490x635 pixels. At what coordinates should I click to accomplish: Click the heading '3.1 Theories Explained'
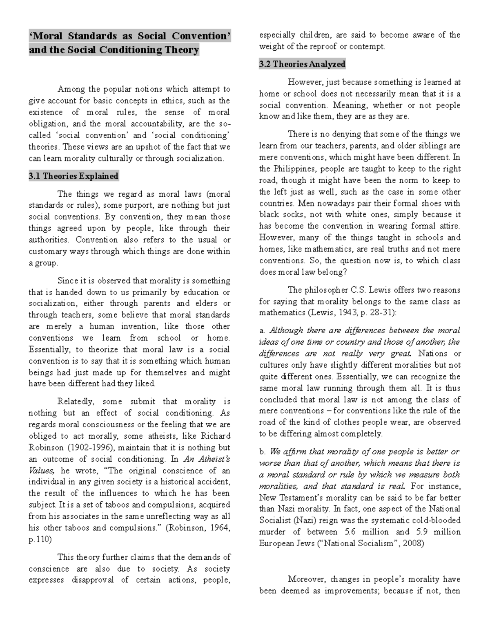coord(73,177)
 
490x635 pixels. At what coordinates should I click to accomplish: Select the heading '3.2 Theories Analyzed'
coord(302,64)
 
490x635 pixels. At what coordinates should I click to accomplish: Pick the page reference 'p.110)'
coord(40,539)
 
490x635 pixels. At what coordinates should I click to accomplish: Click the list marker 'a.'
coord(262,331)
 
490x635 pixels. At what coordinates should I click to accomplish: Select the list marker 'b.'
coord(263,452)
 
